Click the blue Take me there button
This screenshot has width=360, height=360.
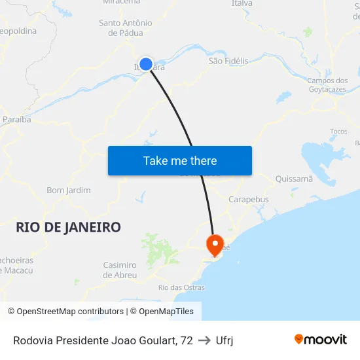[180, 160]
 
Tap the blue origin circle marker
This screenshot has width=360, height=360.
[146, 64]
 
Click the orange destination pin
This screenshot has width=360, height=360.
[214, 245]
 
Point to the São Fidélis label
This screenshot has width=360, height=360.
[228, 61]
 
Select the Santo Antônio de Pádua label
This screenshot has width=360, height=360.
[126, 27]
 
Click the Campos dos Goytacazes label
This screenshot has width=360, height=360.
[327, 84]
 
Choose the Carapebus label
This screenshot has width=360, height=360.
[249, 199]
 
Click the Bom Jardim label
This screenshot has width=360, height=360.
[69, 190]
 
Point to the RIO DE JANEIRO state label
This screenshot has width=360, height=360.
[68, 227]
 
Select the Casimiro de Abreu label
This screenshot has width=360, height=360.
[120, 270]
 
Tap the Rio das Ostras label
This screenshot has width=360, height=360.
[181, 287]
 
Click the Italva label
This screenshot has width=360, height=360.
[242, 4]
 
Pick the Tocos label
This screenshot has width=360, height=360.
[338, 131]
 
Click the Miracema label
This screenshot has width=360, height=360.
[122, 3]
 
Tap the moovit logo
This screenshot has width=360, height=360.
[321, 339]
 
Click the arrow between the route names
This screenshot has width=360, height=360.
[204, 340]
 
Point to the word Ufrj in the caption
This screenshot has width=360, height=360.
[225, 340]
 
